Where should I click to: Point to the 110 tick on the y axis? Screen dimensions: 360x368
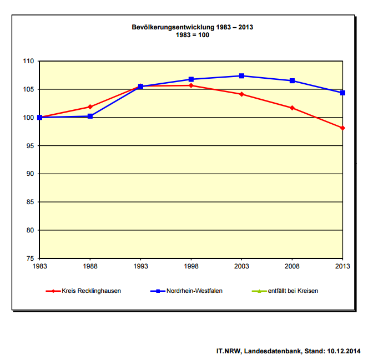pos(28,61)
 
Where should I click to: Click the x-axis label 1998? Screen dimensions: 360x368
pos(191,266)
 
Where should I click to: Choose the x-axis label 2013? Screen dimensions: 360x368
pos(342,266)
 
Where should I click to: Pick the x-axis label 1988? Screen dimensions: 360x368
pos(90,266)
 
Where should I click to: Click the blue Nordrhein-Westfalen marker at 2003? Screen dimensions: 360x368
pos(241,75)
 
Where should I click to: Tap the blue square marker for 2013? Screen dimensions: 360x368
pos(342,93)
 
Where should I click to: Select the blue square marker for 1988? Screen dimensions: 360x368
pos(90,116)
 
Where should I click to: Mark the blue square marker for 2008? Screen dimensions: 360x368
pos(292,81)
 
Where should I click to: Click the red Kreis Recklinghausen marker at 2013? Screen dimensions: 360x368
pos(342,128)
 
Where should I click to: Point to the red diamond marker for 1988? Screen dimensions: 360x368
pos(90,107)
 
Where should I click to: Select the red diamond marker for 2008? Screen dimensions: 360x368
pos(292,108)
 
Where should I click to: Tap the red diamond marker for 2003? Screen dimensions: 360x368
pos(241,94)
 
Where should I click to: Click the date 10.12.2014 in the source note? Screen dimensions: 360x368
pos(344,351)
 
